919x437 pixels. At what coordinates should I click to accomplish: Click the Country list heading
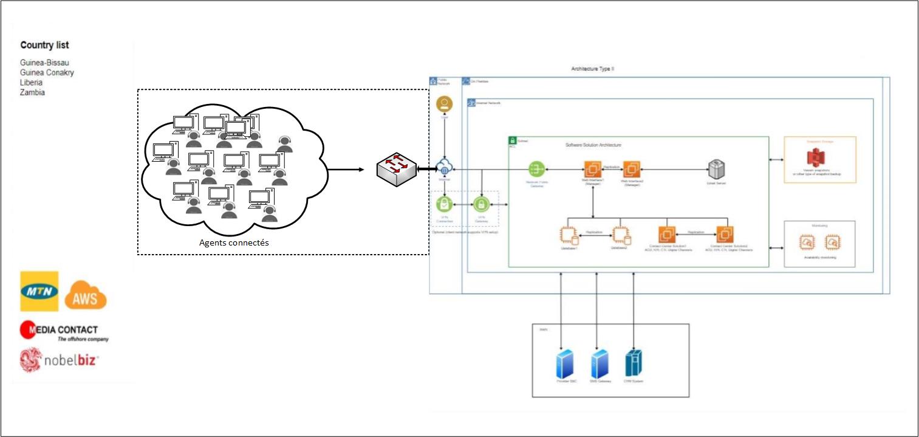[x=44, y=45]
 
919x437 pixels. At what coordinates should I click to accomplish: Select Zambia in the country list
[x=33, y=93]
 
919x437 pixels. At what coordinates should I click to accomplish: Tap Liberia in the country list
[x=32, y=83]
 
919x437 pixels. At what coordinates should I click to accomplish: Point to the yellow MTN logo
[x=39, y=291]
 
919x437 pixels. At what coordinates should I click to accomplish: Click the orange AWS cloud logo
[x=86, y=296]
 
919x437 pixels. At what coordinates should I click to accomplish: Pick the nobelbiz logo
[x=59, y=360]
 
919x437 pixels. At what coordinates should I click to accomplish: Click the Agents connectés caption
[x=234, y=243]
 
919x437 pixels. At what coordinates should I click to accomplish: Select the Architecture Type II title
[x=593, y=70]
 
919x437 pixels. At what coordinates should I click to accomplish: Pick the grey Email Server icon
[x=717, y=168]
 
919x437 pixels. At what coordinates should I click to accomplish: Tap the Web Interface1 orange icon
[x=592, y=168]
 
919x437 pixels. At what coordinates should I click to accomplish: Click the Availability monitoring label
[x=819, y=258]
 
